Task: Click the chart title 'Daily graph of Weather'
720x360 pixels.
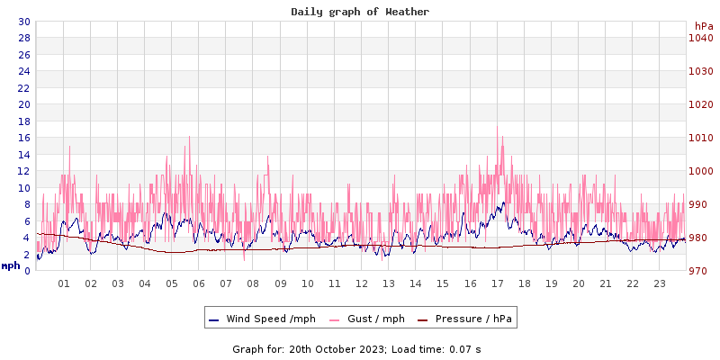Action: [360, 12]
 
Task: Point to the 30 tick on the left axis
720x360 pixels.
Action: [23, 22]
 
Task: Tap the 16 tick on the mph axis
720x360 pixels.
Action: [23, 138]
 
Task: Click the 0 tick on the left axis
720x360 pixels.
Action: [27, 271]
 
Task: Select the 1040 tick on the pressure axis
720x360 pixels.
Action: [701, 38]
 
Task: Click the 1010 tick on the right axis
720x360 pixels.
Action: [701, 138]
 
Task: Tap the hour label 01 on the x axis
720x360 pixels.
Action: [64, 283]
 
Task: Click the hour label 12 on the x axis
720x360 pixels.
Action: [362, 283]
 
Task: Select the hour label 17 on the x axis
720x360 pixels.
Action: [498, 283]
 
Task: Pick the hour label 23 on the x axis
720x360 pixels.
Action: [660, 283]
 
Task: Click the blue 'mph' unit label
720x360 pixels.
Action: [11, 265]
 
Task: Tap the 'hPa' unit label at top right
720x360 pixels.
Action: [703, 26]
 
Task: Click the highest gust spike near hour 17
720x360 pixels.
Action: [498, 127]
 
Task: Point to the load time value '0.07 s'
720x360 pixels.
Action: [465, 348]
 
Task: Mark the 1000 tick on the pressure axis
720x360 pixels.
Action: [701, 171]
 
